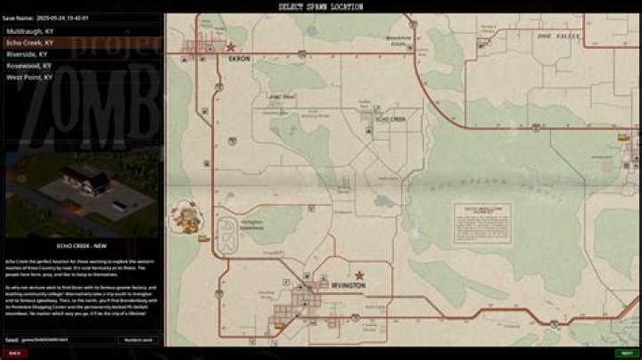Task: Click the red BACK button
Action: [15, 353]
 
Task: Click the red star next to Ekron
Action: [230, 47]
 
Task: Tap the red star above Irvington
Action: [359, 275]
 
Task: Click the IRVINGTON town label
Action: [350, 286]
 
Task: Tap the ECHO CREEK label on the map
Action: [391, 119]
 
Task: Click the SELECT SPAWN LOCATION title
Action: [321, 6]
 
